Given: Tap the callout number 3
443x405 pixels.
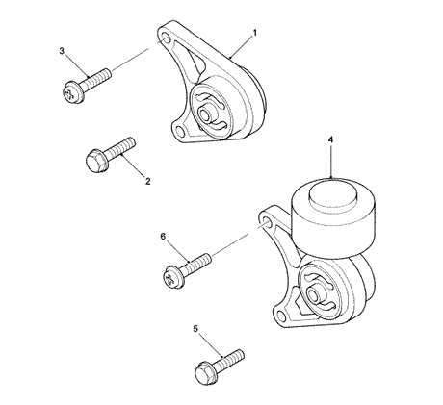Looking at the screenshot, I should [x=63, y=50].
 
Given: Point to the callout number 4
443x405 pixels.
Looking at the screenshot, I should [x=330, y=139].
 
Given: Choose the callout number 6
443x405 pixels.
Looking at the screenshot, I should [x=163, y=237].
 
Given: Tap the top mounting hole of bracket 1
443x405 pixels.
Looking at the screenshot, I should [x=170, y=38].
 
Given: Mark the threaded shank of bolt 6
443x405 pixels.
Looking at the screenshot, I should [x=197, y=264].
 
